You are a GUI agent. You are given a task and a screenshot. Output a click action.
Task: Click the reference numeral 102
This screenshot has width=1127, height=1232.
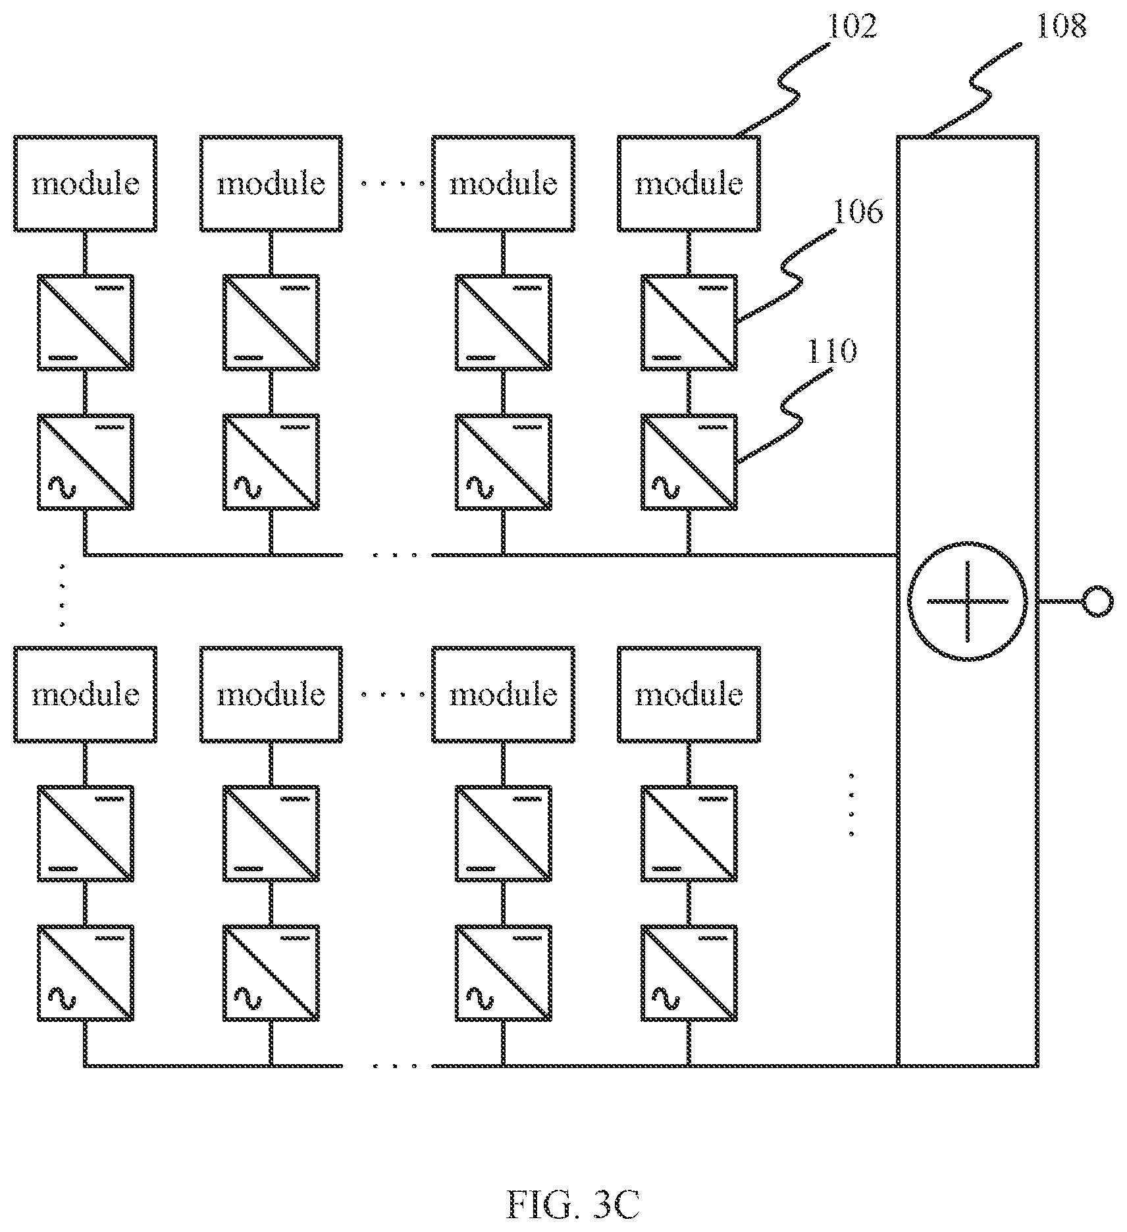pyautogui.click(x=852, y=27)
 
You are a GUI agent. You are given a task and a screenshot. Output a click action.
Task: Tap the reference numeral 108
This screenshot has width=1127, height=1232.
pyautogui.click(x=1061, y=26)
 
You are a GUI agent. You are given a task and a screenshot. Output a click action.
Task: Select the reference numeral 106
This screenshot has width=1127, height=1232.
pyautogui.click(x=858, y=211)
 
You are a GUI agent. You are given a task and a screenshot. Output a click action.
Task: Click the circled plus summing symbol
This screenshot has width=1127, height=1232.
pyautogui.click(x=967, y=601)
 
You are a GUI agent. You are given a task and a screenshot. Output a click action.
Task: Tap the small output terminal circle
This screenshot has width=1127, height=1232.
pyautogui.click(x=1097, y=601)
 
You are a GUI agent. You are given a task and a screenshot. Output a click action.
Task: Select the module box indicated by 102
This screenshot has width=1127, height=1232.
pyautogui.click(x=689, y=184)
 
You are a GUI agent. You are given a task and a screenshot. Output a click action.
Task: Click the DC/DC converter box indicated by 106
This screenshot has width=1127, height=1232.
pyautogui.click(x=689, y=323)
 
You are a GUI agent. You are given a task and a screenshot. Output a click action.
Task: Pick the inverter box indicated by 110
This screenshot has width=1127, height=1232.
pyautogui.click(x=689, y=462)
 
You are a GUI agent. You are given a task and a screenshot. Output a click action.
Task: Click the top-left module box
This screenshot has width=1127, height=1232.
pyautogui.click(x=86, y=184)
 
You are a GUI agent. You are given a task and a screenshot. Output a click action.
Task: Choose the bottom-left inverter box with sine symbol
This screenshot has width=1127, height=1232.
pyautogui.click(x=86, y=973)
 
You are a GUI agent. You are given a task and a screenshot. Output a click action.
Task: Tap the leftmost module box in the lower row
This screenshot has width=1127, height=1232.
pyautogui.click(x=86, y=694)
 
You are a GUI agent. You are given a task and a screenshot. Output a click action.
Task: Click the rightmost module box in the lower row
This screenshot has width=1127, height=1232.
pyautogui.click(x=689, y=694)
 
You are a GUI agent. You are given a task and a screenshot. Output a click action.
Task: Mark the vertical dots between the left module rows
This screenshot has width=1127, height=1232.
pyautogui.click(x=62, y=595)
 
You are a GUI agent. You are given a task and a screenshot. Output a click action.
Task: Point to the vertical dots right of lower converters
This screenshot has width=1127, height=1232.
pyautogui.click(x=851, y=804)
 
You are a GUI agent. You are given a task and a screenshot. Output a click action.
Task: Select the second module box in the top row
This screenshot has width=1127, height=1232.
pyautogui.click(x=271, y=184)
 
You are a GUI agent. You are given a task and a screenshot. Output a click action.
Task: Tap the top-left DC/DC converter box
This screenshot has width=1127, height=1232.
pyautogui.click(x=86, y=323)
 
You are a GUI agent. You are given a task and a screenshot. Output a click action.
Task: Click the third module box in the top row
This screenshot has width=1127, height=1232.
pyautogui.click(x=504, y=184)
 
